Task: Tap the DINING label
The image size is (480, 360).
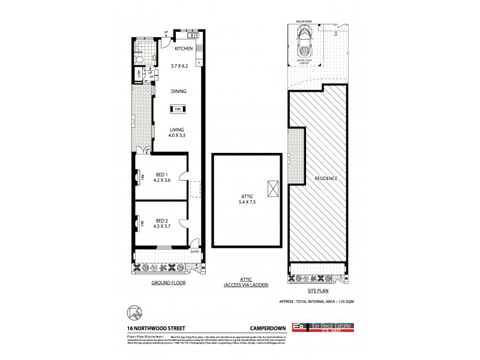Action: coord(178,92)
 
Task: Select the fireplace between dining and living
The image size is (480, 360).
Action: coord(178,109)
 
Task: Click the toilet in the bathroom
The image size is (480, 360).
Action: coord(139,60)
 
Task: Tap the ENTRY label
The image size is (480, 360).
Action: coord(196,253)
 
